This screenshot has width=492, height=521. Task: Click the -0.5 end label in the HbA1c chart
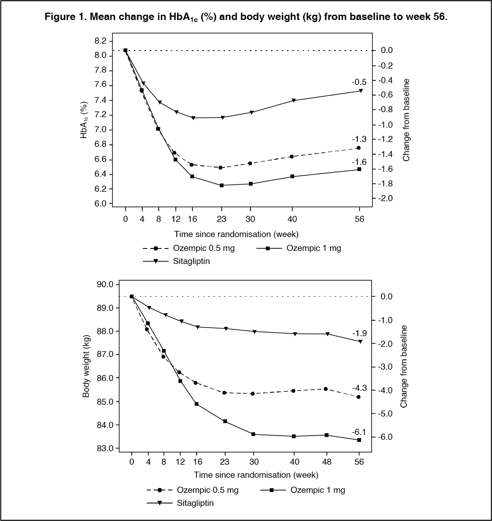pos(359,82)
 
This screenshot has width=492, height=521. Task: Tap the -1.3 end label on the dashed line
pos(359,139)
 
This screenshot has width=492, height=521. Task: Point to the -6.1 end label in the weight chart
pos(359,432)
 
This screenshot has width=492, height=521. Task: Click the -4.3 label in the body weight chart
pos(359,388)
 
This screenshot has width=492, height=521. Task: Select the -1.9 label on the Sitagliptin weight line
pos(359,333)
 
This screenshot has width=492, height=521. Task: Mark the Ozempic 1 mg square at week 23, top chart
pos(222,185)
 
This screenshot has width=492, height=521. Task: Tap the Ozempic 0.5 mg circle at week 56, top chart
pos(359,148)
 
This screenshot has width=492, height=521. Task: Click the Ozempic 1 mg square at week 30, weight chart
pos(253,434)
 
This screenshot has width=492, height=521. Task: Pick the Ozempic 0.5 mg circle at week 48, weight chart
pos(326,389)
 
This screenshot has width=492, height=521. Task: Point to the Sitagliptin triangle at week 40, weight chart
pos(294,334)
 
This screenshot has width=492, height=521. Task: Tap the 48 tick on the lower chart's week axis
pos(326,462)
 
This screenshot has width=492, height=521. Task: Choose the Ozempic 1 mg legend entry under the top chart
pos(313,248)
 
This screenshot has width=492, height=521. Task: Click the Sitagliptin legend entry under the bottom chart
pos(195,503)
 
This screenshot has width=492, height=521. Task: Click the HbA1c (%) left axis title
pos(84,120)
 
